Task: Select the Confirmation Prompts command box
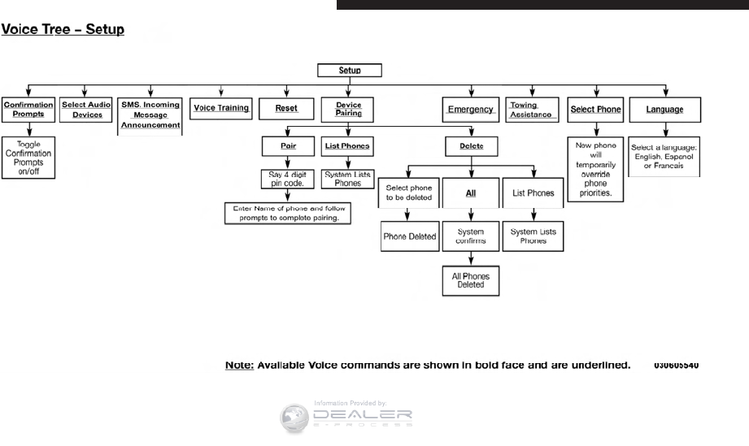pos(28,110)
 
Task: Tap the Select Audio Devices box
pos(87,110)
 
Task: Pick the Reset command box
pos(286,109)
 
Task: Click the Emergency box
pos(470,110)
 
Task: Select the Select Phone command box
pos(596,109)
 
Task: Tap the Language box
pos(664,109)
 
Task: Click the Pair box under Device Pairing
pos(286,146)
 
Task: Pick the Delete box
pos(471,147)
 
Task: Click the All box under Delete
pos(471,193)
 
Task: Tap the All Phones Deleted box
pos(471,281)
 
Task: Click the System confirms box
pos(471,236)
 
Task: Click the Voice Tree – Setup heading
pos(63,30)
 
